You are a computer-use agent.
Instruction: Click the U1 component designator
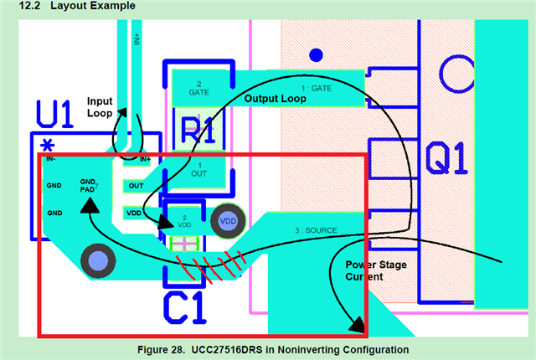click(x=57, y=115)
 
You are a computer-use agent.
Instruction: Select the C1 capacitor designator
click(x=184, y=307)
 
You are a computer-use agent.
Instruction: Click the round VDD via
click(x=227, y=221)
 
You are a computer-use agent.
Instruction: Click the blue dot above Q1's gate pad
click(x=316, y=55)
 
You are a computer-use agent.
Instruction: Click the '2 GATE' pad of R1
click(x=198, y=89)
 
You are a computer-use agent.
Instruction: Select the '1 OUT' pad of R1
click(x=198, y=171)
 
